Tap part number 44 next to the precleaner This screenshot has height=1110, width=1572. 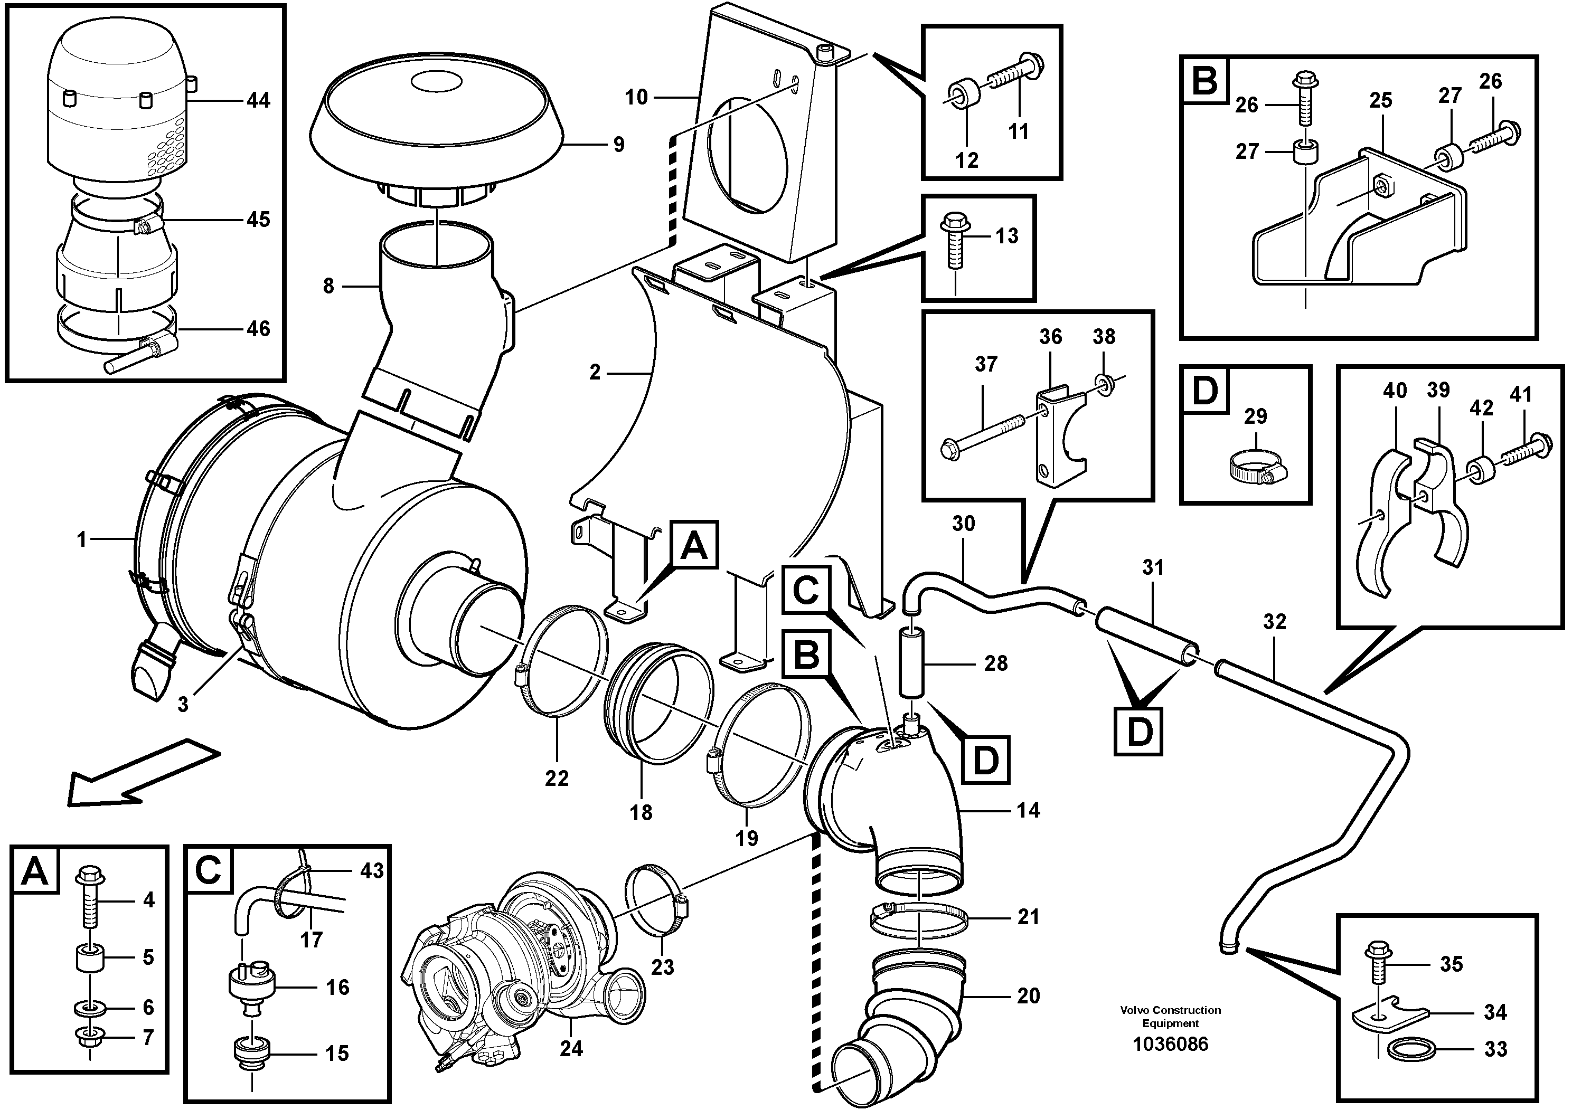click(x=258, y=101)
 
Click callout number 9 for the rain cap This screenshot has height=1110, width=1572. click(x=618, y=145)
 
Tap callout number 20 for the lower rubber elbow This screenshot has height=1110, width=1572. click(x=1028, y=995)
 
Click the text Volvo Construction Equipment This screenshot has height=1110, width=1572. click(x=1170, y=1016)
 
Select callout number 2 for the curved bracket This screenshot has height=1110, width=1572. click(x=594, y=372)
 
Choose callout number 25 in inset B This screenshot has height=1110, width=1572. click(x=1380, y=101)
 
